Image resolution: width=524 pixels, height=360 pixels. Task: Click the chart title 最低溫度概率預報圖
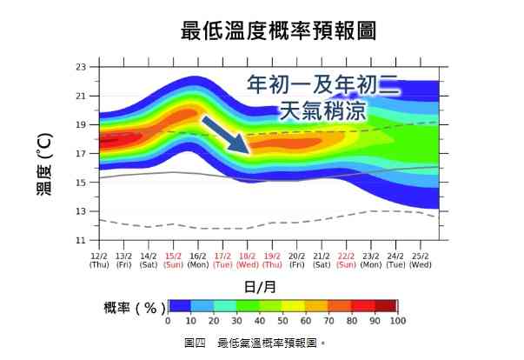coord(279,31)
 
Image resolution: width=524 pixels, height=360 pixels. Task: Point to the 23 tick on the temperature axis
coord(82,67)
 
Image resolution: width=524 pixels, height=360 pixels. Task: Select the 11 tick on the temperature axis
coord(82,240)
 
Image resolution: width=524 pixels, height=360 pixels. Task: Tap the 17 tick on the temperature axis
coord(82,154)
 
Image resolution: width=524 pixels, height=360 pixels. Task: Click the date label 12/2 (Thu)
coord(99,260)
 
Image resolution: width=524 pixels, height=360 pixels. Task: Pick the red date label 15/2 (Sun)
coord(173,260)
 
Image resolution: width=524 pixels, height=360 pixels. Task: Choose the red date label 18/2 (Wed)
coord(248,260)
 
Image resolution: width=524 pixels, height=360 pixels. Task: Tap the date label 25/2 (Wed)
coord(421,260)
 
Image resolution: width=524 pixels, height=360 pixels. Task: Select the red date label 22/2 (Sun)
coord(346,260)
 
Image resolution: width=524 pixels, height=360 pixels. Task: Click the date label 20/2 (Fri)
coord(297,260)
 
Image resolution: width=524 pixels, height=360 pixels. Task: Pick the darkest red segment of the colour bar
coord(386,306)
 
